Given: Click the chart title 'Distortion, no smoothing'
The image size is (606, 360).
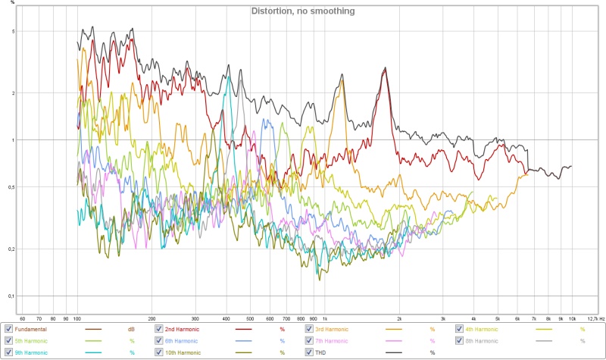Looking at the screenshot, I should pyautogui.click(x=302, y=11).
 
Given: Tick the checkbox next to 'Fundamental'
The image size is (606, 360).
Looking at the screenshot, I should pyautogui.click(x=8, y=329).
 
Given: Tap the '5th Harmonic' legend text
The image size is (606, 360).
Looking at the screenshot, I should pyautogui.click(x=31, y=341).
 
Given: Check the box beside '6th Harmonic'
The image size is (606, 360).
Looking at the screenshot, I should pyautogui.click(x=158, y=341).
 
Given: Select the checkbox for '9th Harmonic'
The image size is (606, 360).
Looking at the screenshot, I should pyautogui.click(x=8, y=353).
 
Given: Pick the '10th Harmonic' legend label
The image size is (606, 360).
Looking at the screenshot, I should pyautogui.click(x=185, y=353).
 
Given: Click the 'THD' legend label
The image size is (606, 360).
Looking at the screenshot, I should pyautogui.click(x=321, y=353).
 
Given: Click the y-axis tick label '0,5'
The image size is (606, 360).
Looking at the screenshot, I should pyautogui.click(x=11, y=187).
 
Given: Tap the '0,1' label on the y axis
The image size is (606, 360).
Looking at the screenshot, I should pyautogui.click(x=11, y=296).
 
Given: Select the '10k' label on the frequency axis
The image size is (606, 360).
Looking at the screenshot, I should pyautogui.click(x=573, y=319).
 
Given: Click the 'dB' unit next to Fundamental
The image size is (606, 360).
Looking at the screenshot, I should pyautogui.click(x=131, y=329).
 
